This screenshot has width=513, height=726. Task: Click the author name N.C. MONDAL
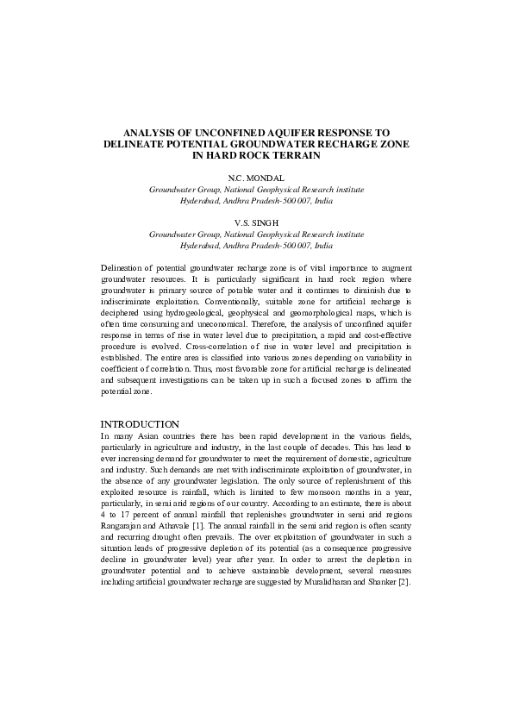click(256, 177)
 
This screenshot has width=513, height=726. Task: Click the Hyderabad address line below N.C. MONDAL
click(256, 199)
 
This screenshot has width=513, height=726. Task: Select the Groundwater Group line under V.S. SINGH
click(256, 234)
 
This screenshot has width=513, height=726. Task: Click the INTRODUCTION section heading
click(140, 424)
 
